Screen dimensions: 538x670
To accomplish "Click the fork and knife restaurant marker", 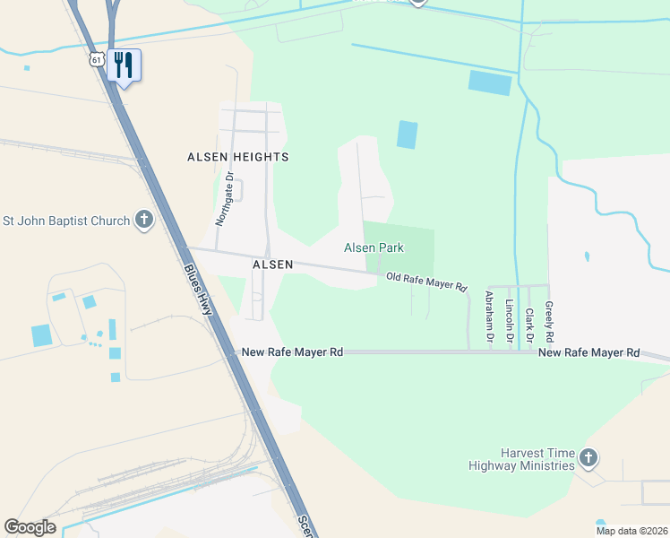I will pyautogui.click(x=125, y=65).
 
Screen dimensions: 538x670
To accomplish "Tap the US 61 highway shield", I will pyautogui.click(x=96, y=59).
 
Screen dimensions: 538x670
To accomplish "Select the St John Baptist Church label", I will pyautogui.click(x=66, y=221).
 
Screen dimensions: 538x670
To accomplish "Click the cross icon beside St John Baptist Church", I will pyautogui.click(x=144, y=221).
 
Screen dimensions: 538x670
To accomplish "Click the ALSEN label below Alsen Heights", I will pyautogui.click(x=272, y=265).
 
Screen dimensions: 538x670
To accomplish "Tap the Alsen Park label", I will pyautogui.click(x=374, y=247).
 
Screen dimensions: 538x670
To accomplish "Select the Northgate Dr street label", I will pyautogui.click(x=224, y=198).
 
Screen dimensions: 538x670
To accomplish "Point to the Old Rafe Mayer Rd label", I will pyautogui.click(x=426, y=282).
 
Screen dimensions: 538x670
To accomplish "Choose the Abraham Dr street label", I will pyautogui.click(x=489, y=317).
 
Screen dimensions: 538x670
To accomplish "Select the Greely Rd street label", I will pyautogui.click(x=549, y=321).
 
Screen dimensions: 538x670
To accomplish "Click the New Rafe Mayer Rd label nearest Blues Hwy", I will pyautogui.click(x=293, y=352).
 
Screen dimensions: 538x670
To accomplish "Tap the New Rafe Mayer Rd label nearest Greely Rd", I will pyautogui.click(x=588, y=353).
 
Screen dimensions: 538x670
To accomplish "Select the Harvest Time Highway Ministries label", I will pyautogui.click(x=521, y=459).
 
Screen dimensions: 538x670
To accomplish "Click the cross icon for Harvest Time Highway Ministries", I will pyautogui.click(x=588, y=459).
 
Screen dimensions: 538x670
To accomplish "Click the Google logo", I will pyautogui.click(x=30, y=527).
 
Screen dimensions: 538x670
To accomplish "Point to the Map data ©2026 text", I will pyautogui.click(x=631, y=531).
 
